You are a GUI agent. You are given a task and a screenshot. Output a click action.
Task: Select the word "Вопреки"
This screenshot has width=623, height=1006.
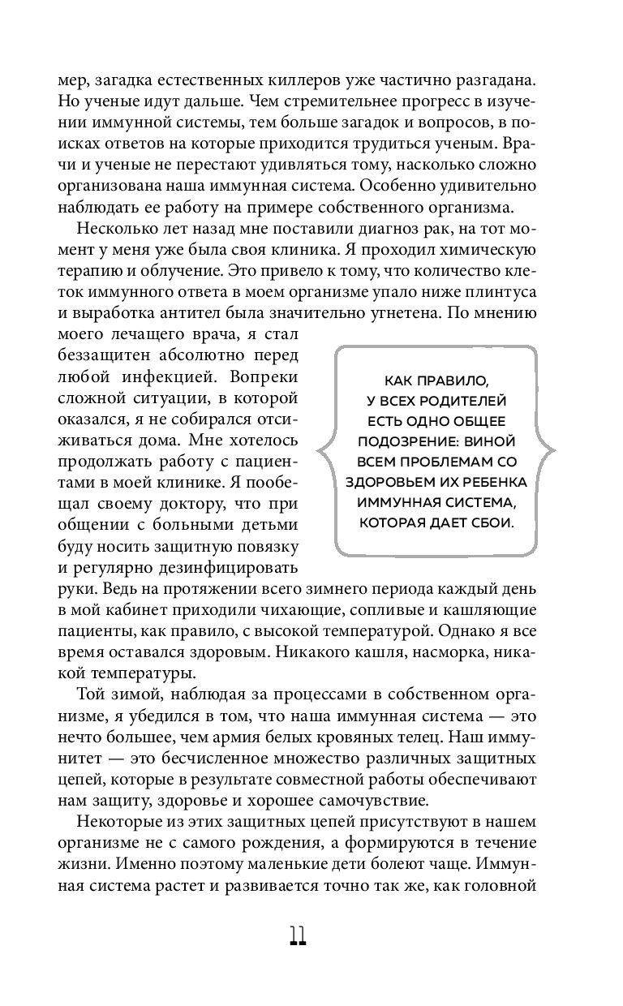(264, 377)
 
